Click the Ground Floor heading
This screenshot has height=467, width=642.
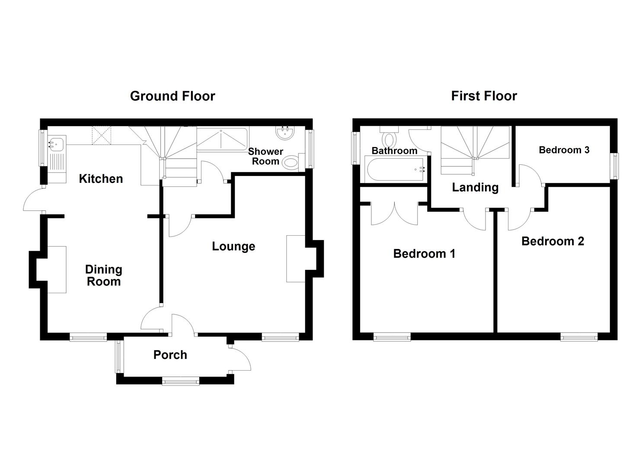(x=172, y=96)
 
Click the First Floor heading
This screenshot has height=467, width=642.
(x=484, y=96)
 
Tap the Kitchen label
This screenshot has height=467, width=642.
(x=101, y=179)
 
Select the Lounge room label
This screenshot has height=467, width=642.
(x=233, y=246)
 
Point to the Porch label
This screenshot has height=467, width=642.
(x=170, y=355)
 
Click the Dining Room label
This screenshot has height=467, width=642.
(x=104, y=275)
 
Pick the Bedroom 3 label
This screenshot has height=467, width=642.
(x=564, y=150)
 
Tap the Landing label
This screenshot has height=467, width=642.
(x=475, y=187)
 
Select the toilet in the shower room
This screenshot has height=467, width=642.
(x=291, y=163)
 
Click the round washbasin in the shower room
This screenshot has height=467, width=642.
(x=285, y=133)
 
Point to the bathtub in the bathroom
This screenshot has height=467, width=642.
(x=394, y=170)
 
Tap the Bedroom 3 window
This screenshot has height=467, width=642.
(x=614, y=166)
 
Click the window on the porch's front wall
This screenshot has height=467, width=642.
(x=181, y=381)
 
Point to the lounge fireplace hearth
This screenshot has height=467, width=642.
(x=296, y=259)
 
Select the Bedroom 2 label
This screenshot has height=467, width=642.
(x=553, y=241)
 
